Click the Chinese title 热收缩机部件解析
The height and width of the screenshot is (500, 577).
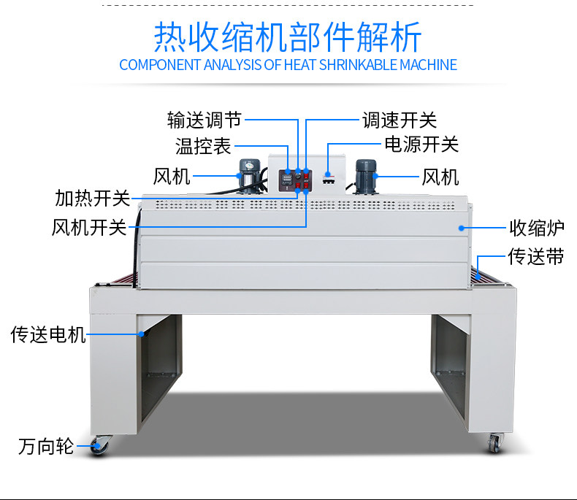click(x=288, y=35)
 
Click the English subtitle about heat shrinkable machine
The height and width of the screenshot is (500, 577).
click(x=288, y=65)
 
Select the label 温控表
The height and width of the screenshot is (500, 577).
click(x=203, y=146)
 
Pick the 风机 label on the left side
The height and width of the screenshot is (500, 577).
click(x=172, y=176)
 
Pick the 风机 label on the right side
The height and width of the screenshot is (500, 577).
click(x=440, y=177)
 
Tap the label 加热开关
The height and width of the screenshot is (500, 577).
click(x=92, y=198)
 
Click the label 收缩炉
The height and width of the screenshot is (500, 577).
click(x=536, y=228)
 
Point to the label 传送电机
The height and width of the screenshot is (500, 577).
click(x=48, y=335)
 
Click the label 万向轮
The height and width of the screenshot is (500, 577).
click(x=46, y=446)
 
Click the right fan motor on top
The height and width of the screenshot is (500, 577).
click(x=365, y=175)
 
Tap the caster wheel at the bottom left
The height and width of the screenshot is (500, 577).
click(x=100, y=445)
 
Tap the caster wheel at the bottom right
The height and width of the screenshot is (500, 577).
click(x=496, y=442)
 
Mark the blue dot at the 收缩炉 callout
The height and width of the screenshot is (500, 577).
click(x=461, y=228)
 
